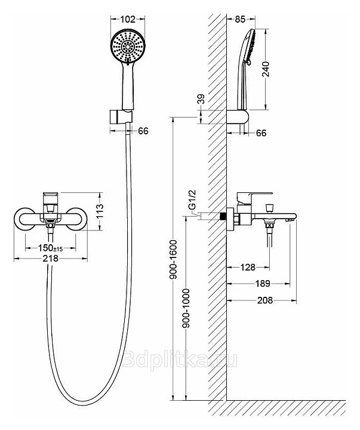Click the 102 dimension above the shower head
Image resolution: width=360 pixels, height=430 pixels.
pos(128,19)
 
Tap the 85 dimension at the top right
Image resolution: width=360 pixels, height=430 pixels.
pos(240,19)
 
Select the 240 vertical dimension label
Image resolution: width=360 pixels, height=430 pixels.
pos(266,69)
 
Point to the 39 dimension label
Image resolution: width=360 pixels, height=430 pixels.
pos(202,99)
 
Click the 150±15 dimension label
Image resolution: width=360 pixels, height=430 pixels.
pos(50,248)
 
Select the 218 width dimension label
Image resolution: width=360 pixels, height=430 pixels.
pos(51,259)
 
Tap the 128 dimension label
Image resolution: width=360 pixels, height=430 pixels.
pos(248,267)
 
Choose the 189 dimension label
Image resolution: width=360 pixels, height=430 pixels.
pos(263,283)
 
